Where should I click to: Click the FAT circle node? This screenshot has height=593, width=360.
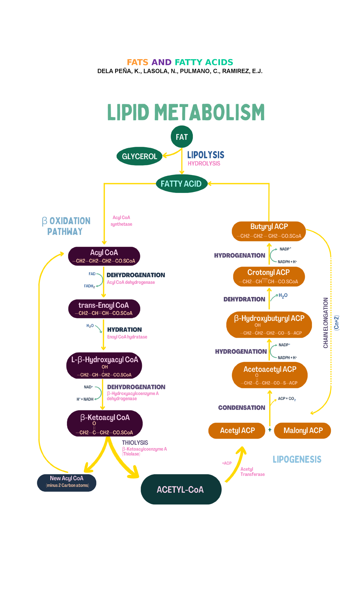(x=181, y=137)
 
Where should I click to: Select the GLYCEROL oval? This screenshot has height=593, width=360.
(x=139, y=156)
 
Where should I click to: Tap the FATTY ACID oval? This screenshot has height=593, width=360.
(x=181, y=184)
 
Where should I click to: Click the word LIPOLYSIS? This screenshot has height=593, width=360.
(x=205, y=155)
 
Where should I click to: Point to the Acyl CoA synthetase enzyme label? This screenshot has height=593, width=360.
(x=121, y=221)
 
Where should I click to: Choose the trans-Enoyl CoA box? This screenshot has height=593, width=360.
(x=104, y=309)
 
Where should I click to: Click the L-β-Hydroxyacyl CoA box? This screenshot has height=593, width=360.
(x=104, y=366)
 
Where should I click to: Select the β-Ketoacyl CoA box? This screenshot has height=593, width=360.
(x=104, y=423)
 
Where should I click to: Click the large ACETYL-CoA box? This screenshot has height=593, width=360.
(x=181, y=489)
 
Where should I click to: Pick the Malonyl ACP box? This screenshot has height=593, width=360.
(x=303, y=431)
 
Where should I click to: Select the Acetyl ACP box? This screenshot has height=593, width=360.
(x=237, y=431)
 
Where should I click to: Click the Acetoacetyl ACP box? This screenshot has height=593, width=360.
(x=270, y=375)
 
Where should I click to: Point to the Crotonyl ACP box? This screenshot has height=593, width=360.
(x=269, y=276)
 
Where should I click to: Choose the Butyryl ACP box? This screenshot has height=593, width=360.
(x=269, y=231)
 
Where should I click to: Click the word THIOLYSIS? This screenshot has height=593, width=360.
(x=135, y=443)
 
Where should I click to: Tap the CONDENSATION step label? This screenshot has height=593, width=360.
(x=241, y=408)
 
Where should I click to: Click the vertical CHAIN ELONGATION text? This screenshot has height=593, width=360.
(x=325, y=323)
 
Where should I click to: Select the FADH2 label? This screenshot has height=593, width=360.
(x=89, y=286)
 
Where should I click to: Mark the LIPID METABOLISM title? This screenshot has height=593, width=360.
(x=186, y=113)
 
